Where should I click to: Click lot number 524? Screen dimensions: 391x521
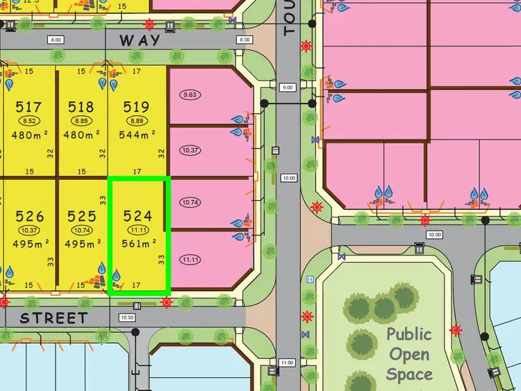tap(136, 216)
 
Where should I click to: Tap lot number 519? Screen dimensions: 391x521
tap(136, 107)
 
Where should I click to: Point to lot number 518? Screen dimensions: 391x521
tap(81, 107)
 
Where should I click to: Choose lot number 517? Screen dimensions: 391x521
tap(28, 107)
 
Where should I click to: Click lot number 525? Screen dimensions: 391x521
tap(82, 216)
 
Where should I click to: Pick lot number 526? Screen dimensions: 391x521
tap(29, 216)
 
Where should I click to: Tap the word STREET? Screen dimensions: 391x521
tap(53, 318)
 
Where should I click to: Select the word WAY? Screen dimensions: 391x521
tap(140, 40)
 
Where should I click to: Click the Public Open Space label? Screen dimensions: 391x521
tap(410, 354)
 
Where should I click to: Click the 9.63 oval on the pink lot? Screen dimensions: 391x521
tap(190, 94)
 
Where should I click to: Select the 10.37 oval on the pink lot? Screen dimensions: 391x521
tap(190, 150)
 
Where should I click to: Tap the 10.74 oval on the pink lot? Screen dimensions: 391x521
tap(190, 203)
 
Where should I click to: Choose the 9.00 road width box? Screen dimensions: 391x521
tap(288, 88)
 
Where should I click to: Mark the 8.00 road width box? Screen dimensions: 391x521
tap(56, 40)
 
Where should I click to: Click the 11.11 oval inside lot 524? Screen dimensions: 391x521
tap(136, 230)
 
